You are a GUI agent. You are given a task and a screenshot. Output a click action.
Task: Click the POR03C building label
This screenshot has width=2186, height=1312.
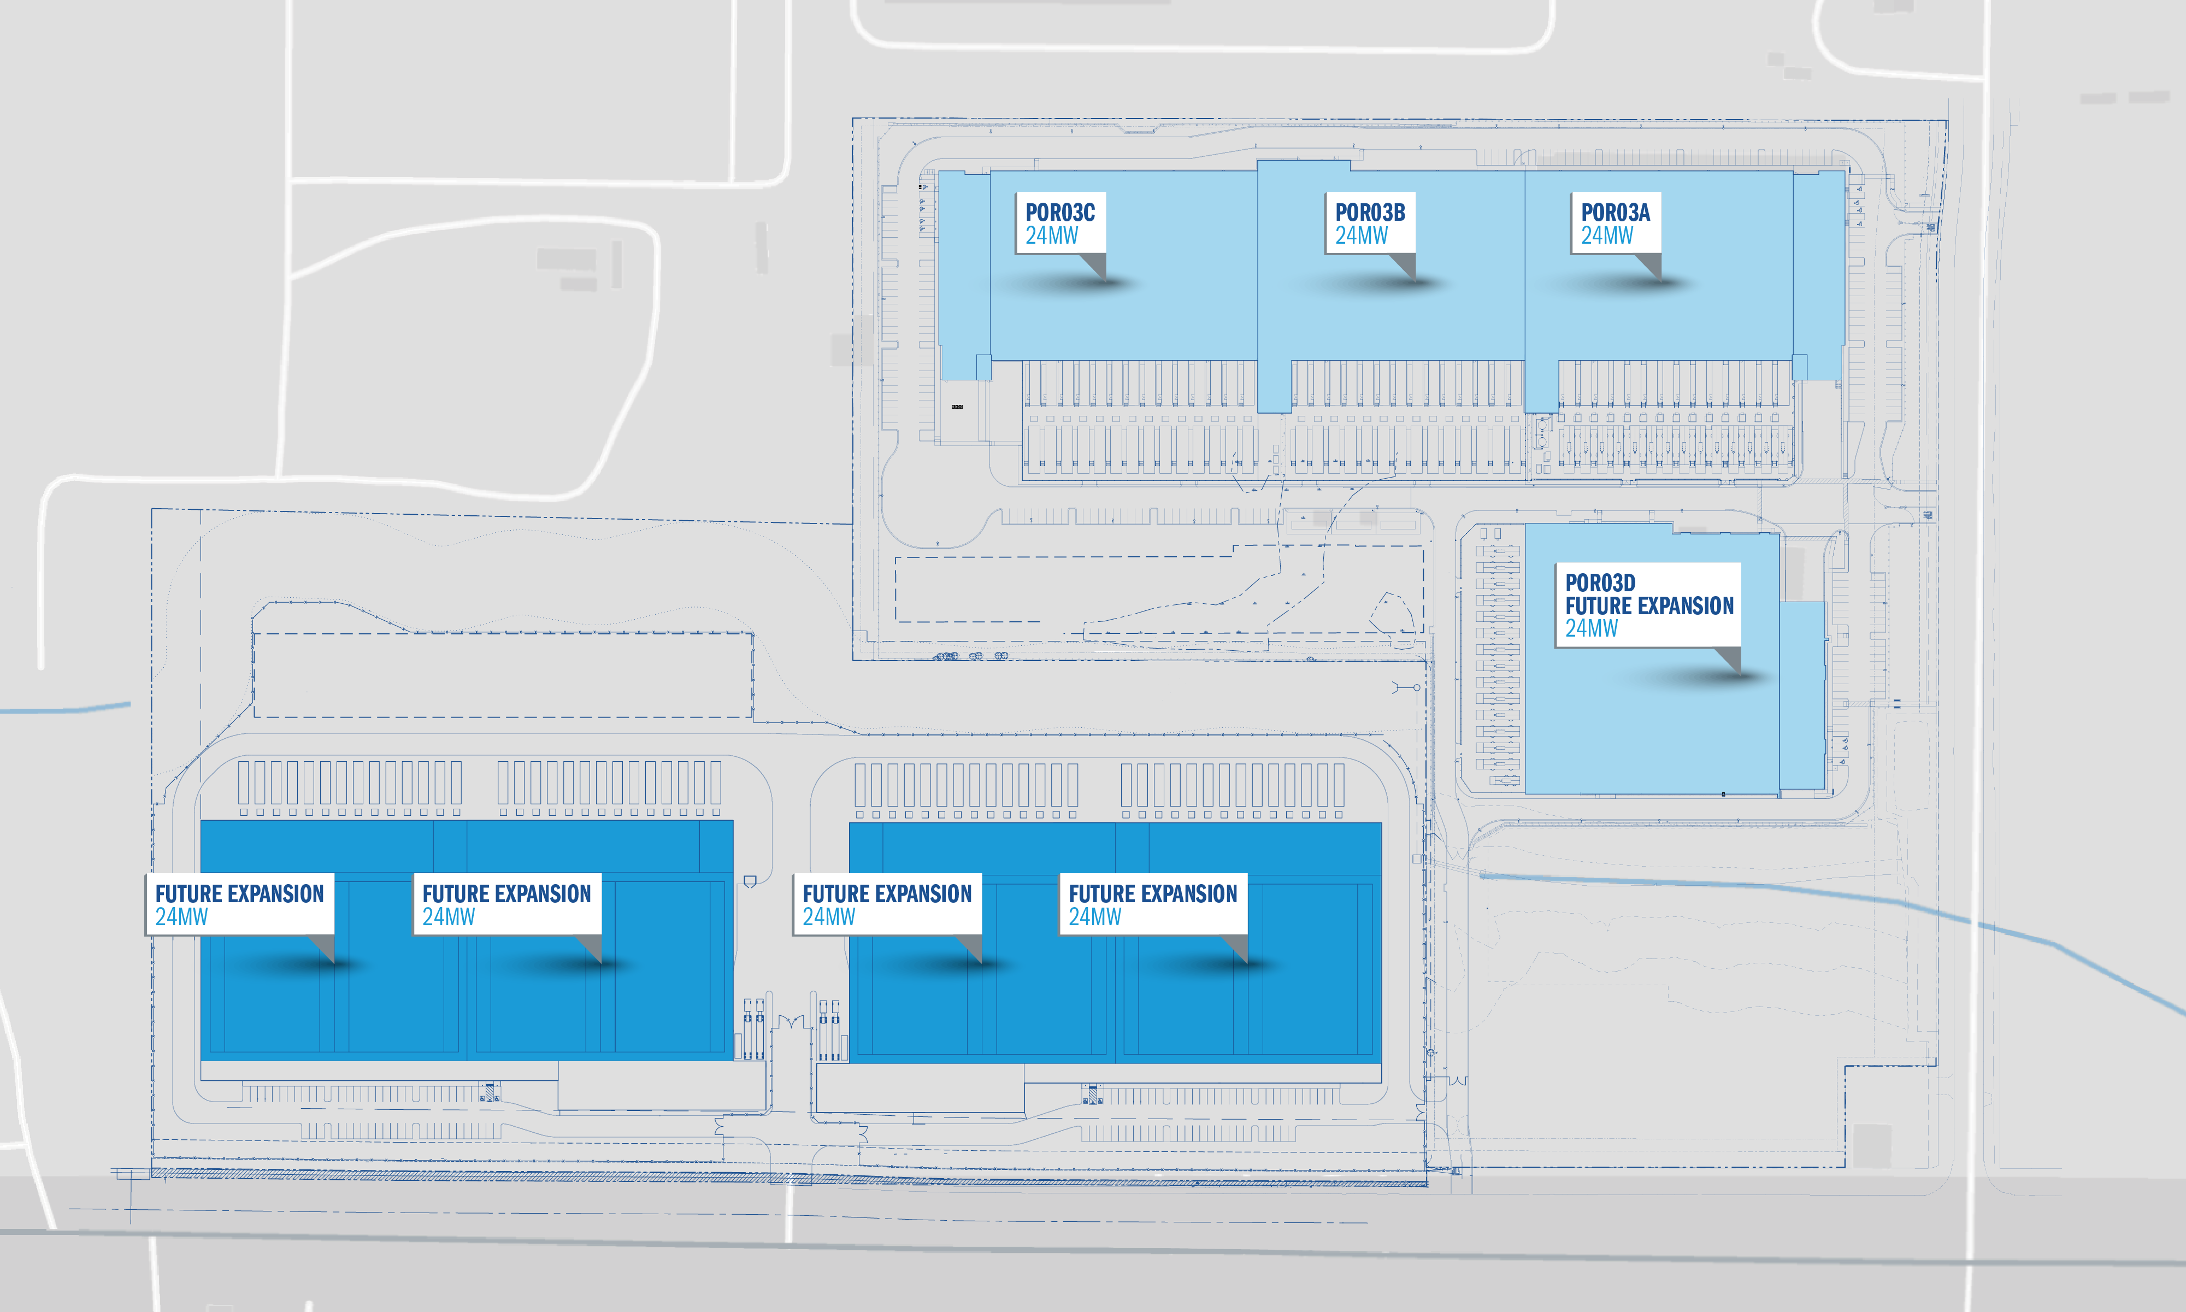pos(1060,212)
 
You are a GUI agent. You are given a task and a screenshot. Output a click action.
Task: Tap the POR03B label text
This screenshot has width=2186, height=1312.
pos(1370,212)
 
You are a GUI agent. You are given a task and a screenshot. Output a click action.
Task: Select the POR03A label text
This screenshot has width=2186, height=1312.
pos(1616,212)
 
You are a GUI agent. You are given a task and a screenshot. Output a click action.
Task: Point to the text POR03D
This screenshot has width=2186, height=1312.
pos(1600,583)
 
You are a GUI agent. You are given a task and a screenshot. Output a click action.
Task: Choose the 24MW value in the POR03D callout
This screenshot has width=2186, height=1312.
pos(1591,628)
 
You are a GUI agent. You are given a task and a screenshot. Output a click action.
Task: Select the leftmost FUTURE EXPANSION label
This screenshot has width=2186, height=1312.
pos(239,894)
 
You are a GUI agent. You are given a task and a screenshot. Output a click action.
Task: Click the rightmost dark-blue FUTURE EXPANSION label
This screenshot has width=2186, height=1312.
pos(1153,894)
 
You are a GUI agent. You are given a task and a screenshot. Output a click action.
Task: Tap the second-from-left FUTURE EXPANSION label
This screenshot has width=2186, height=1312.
pos(506,894)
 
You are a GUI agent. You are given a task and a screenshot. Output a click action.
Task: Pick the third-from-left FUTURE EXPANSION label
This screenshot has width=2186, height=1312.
pos(887,894)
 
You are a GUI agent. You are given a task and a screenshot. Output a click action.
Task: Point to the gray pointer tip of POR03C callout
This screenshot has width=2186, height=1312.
pos(1105,281)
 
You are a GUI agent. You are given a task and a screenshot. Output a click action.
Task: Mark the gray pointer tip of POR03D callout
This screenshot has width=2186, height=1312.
pos(1740,674)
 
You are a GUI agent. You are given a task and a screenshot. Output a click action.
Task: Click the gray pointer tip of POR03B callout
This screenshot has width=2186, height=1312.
pos(1415,281)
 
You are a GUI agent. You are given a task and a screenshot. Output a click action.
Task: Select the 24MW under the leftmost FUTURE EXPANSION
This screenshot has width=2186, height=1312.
pos(182,917)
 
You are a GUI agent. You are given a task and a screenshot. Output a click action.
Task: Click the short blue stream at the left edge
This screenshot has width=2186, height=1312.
pos(66,708)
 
